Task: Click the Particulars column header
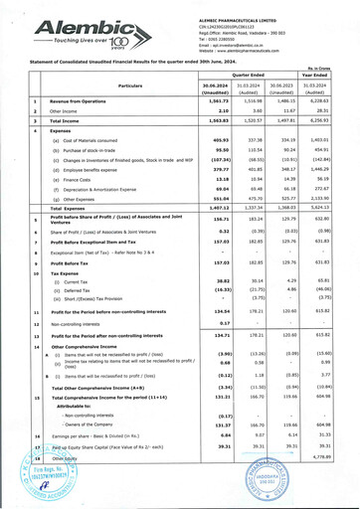(x=116, y=87)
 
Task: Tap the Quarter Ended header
(x=234, y=74)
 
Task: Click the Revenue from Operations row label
(x=79, y=101)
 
